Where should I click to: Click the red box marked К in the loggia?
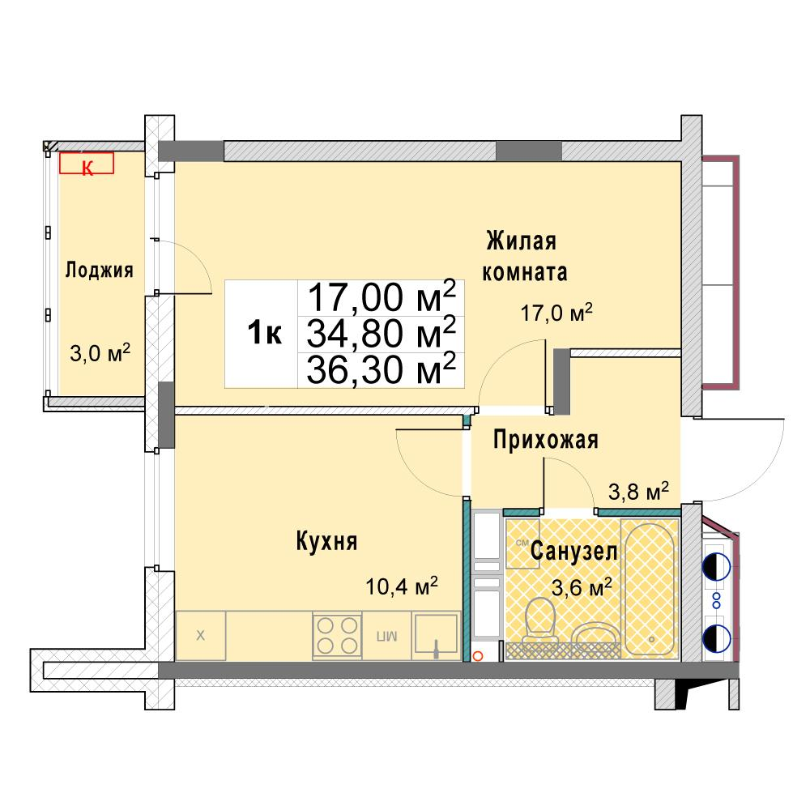[87, 163]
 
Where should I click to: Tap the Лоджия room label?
[99, 271]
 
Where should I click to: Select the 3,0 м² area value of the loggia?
[100, 353]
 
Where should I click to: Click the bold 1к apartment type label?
[265, 333]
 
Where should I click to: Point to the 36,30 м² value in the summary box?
[382, 369]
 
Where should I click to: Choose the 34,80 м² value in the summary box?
[382, 333]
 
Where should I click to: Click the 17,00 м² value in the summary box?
[382, 297]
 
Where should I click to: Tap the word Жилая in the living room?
[521, 241]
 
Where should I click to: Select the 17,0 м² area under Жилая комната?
[556, 313]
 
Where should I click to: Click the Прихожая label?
[545, 440]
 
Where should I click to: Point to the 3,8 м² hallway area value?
[638, 492]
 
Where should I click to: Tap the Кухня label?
[326, 541]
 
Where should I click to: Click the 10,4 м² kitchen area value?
[402, 586]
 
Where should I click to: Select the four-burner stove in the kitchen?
[337, 635]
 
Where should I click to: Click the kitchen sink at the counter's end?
[436, 635]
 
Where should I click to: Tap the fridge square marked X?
[200, 635]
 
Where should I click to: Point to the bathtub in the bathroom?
[650, 590]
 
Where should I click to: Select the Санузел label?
[574, 551]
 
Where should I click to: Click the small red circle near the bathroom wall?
[478, 656]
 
